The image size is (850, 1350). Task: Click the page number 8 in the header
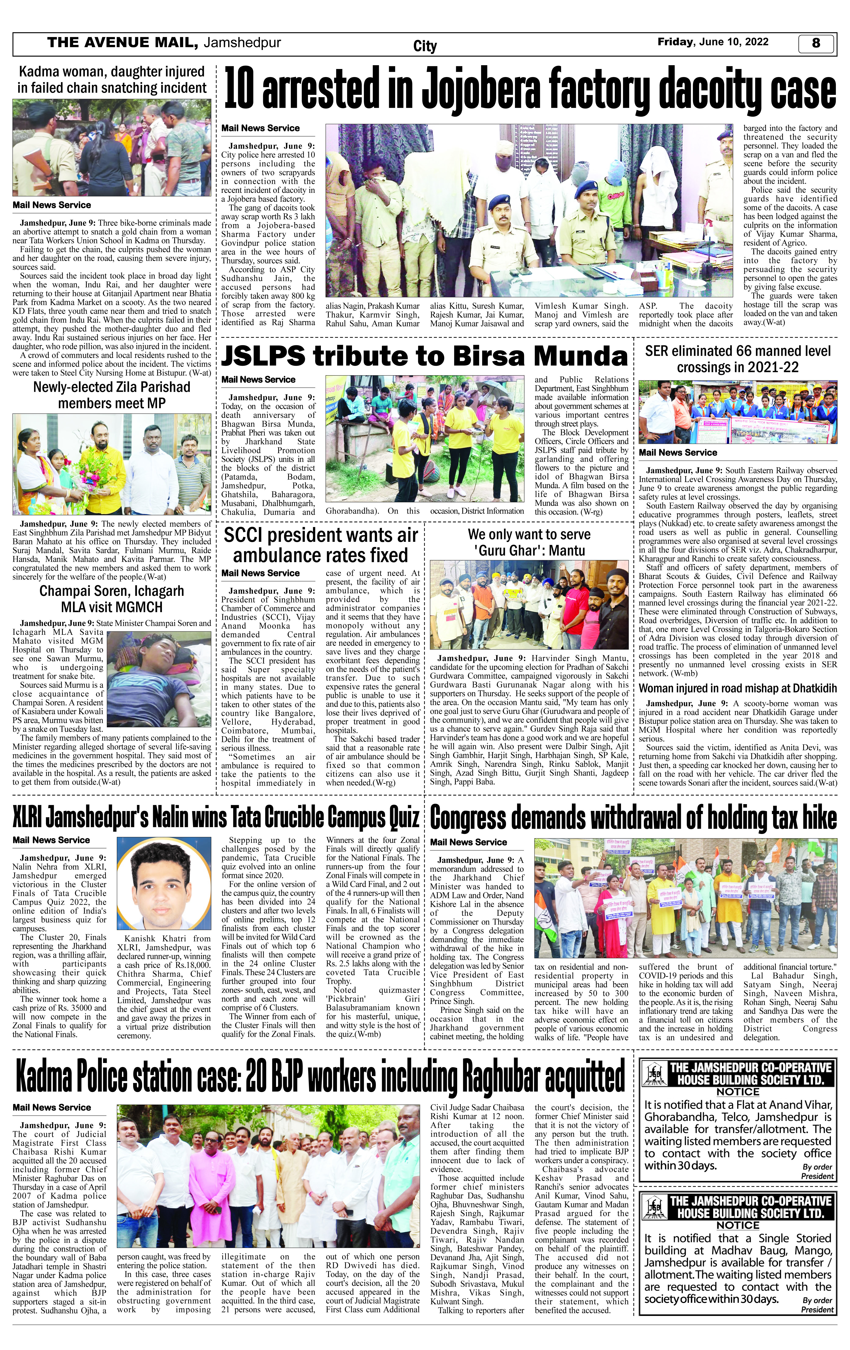point(816,43)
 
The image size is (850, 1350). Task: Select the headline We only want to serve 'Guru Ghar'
point(529,542)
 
